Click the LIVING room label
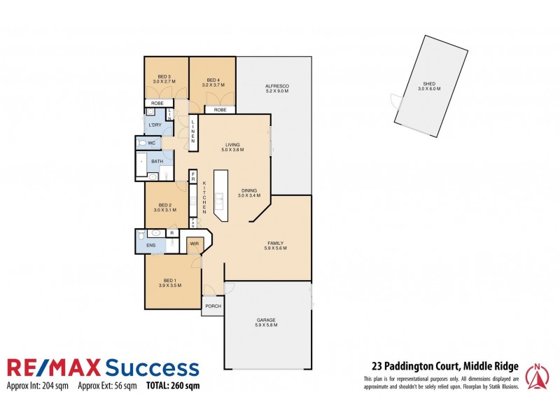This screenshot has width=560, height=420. pyautogui.click(x=232, y=146)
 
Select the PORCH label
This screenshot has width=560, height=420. pyautogui.click(x=212, y=306)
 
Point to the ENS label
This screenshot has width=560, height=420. pyautogui.click(x=150, y=246)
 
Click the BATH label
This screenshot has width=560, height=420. pyautogui.click(x=157, y=162)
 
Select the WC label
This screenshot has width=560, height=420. pyautogui.click(x=151, y=143)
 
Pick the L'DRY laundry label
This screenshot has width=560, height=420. pyautogui.click(x=155, y=125)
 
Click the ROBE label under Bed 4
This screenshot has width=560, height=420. pyautogui.click(x=220, y=110)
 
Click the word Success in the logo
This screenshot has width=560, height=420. pyautogui.click(x=151, y=367)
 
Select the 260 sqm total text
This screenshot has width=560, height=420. pyautogui.click(x=182, y=386)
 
